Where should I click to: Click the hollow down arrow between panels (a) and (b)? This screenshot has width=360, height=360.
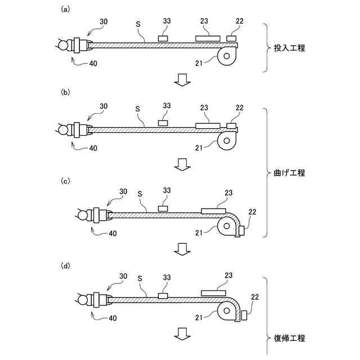(181, 80)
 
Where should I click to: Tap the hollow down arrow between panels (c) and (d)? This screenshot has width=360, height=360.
(181, 248)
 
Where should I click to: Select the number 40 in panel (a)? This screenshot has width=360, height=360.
(93, 64)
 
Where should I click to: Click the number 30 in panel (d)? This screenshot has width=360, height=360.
(124, 276)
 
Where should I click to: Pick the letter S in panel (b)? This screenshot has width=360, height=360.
(138, 108)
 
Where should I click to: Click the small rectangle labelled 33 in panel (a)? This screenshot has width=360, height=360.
(163, 38)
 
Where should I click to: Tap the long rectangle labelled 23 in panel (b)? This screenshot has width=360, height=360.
(208, 124)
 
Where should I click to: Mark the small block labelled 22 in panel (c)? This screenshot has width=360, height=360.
(241, 230)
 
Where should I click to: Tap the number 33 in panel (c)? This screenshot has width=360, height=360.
(166, 192)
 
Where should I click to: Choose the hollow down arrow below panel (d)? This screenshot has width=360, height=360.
(181, 333)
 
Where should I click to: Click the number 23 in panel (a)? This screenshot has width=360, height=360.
(204, 21)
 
